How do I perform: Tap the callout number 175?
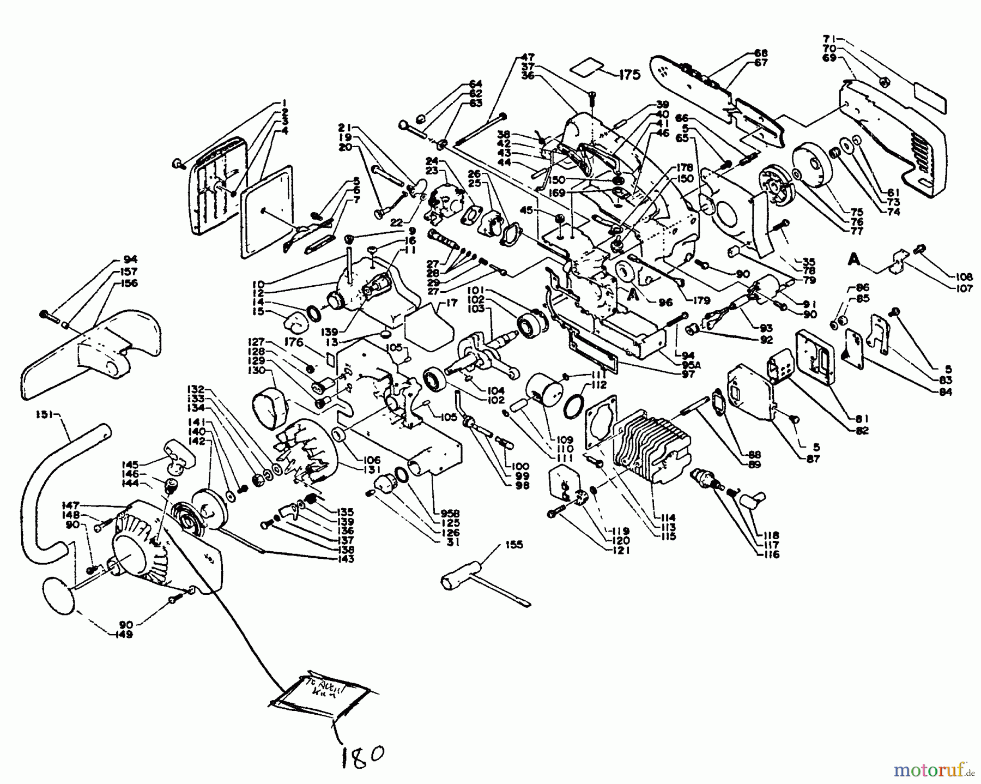click(629, 75)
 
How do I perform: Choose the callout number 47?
click(528, 57)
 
